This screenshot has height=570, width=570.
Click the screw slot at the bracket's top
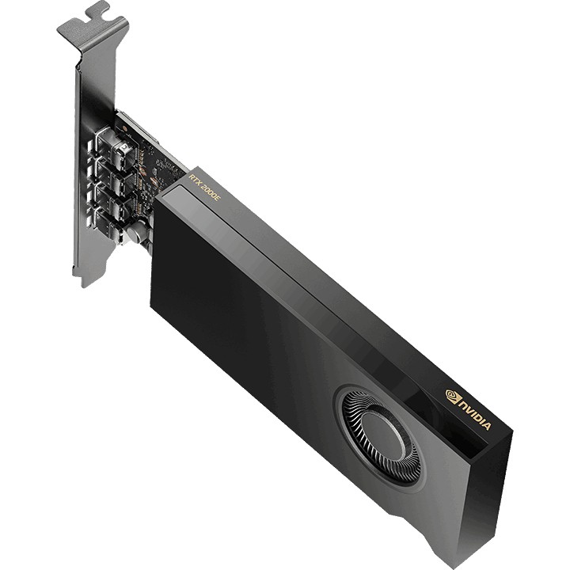coord(97,11)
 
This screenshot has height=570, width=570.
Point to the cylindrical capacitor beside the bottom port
coord(136,233)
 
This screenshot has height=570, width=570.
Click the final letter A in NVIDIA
coord(487,425)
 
